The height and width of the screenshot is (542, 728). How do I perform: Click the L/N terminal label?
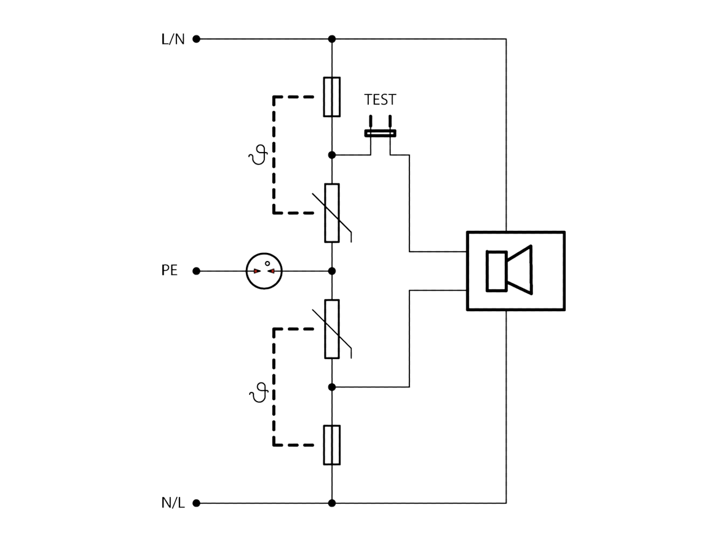[x=173, y=39]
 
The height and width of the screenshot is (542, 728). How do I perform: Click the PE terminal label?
[x=169, y=270]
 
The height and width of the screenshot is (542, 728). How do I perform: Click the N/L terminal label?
[x=173, y=503]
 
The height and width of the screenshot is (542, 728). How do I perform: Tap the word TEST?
[x=380, y=99]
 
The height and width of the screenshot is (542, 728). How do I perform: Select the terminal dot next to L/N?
[x=196, y=39]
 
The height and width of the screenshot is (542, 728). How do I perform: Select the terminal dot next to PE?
[x=196, y=271]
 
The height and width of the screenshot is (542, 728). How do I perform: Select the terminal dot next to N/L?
[x=196, y=503]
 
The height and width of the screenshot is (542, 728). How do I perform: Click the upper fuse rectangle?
[x=332, y=97]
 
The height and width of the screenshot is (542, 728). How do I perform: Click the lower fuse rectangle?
[x=332, y=445]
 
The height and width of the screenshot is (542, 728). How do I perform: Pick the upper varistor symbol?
[x=332, y=213]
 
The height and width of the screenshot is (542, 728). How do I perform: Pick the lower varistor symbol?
[x=332, y=329]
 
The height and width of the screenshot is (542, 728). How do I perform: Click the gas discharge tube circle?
[x=264, y=253]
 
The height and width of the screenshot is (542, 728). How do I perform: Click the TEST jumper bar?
[x=380, y=133]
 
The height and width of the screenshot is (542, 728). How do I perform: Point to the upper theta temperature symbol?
[x=258, y=155]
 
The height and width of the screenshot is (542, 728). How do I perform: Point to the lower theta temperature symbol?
[x=259, y=392]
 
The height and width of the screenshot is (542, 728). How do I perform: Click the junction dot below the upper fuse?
[x=332, y=155]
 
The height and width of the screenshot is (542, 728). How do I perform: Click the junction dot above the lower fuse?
[x=332, y=387]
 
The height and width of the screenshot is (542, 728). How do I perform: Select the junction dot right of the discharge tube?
[x=332, y=271]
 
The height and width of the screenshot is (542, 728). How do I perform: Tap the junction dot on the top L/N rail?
[x=332, y=39]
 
